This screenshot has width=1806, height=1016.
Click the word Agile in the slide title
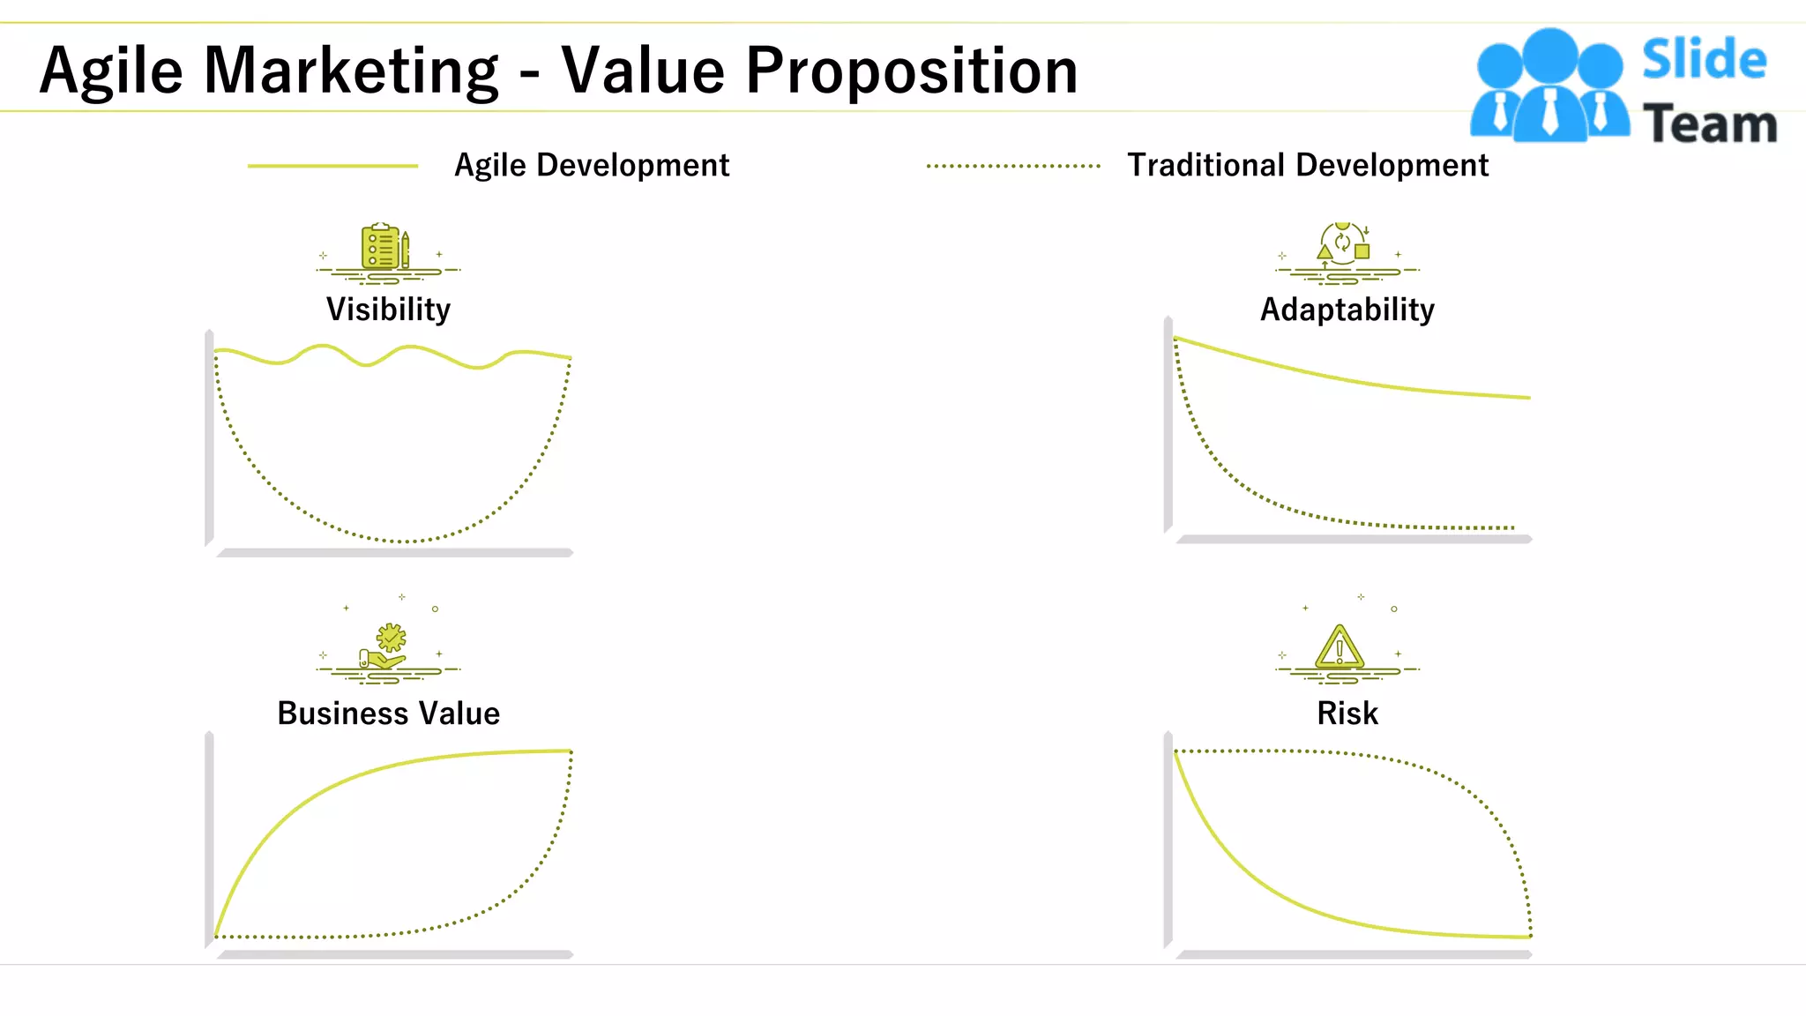point(111,71)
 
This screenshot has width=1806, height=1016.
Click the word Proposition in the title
point(911,71)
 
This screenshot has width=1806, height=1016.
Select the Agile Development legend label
point(592,165)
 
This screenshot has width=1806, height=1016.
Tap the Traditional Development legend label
point(1308,165)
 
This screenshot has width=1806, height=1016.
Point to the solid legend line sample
point(332,166)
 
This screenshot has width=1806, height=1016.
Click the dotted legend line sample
point(1013,166)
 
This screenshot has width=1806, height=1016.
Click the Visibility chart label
point(388,310)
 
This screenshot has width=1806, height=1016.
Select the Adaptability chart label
point(1347,310)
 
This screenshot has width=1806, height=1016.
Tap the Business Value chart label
point(388,713)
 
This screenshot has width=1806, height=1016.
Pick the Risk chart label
point(1347,713)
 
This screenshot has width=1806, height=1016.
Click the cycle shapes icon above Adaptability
point(1343,243)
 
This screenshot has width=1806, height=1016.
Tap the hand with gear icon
point(386,648)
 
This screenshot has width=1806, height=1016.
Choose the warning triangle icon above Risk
point(1340,648)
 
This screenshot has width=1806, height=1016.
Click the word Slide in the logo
point(1704,60)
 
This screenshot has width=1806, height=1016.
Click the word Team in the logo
point(1710,123)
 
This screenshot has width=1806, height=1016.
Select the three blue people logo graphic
point(1549,86)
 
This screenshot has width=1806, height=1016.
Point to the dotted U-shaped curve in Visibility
point(406,541)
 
